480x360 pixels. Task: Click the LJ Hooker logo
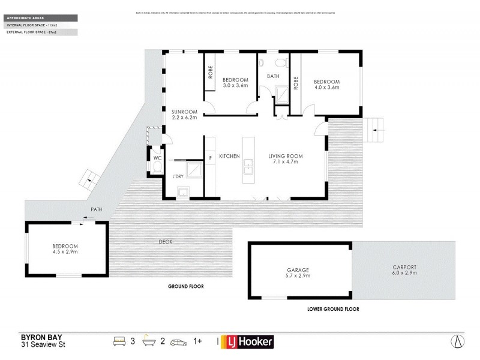click(x=248, y=341)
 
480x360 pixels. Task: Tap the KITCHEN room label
click(x=229, y=156)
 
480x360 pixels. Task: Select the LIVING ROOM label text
click(x=285, y=156)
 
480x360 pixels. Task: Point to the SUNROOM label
click(x=184, y=112)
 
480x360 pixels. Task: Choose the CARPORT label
click(x=404, y=267)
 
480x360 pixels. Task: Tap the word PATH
click(x=96, y=209)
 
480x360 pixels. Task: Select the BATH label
click(x=274, y=76)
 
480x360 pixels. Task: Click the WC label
click(x=157, y=158)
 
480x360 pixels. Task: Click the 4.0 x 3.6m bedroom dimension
click(x=327, y=88)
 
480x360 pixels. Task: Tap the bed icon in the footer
click(x=119, y=341)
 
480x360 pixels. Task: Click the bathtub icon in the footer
click(x=148, y=341)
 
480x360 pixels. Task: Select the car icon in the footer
click(x=179, y=341)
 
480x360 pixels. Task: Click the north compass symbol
click(x=458, y=341)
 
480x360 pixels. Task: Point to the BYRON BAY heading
click(x=38, y=337)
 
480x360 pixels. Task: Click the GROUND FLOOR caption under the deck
click(x=185, y=287)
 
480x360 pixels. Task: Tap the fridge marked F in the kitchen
click(x=210, y=158)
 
